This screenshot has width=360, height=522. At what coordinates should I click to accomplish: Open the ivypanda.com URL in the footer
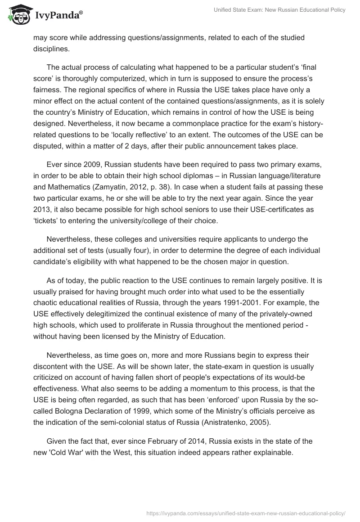click(x=247, y=513)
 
